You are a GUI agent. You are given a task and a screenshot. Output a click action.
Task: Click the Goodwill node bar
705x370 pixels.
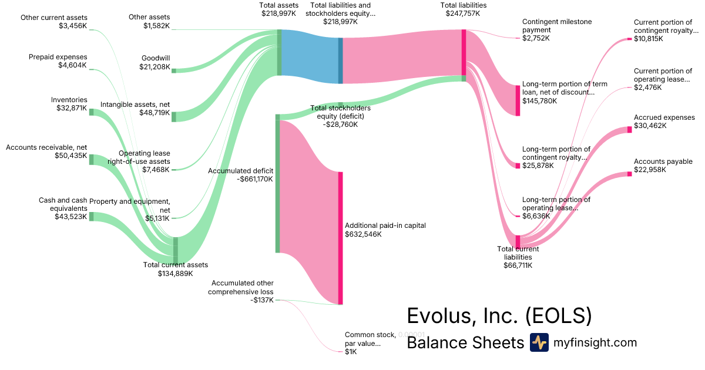tap(174, 70)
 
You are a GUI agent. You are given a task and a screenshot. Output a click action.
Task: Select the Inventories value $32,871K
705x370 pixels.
tap(69, 109)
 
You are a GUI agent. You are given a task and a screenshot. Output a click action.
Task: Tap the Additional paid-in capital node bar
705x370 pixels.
tap(340, 238)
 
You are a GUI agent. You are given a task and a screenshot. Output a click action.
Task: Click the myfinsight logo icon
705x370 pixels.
tap(539, 342)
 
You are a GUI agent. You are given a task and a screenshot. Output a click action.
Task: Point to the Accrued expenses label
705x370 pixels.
tap(664, 117)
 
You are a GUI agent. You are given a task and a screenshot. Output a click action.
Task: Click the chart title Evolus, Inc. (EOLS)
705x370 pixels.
tap(499, 315)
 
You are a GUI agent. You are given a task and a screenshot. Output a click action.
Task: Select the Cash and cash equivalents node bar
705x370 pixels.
tap(91, 216)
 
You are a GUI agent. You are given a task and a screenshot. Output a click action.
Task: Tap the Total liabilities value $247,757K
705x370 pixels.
tap(463, 14)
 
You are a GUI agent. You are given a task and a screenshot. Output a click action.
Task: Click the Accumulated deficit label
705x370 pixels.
tap(240, 171)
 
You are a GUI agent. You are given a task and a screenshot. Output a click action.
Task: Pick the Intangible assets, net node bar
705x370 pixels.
tap(174, 116)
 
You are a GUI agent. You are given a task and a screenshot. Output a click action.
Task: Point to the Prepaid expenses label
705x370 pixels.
tap(58, 57)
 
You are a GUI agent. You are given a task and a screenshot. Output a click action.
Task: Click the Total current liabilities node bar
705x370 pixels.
tap(518, 241)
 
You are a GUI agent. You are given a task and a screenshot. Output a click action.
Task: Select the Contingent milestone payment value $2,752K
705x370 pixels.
tap(536, 38)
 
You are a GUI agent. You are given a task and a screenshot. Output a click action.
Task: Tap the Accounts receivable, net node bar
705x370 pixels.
tap(91, 159)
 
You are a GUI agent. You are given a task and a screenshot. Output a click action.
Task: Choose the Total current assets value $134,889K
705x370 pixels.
tap(175, 273)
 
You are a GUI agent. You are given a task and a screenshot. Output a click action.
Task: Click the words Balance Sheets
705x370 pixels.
tap(465, 342)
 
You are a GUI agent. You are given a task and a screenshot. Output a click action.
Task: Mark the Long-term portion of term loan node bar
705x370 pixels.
tap(518, 100)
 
